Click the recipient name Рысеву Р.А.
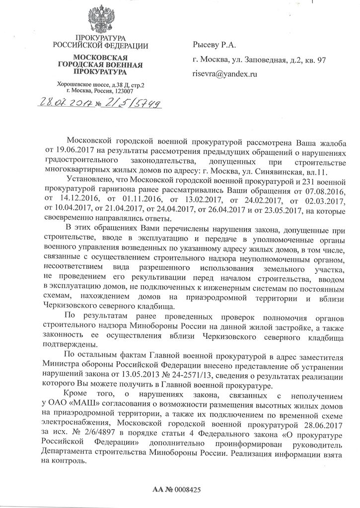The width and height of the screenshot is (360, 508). click(x=216, y=45)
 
